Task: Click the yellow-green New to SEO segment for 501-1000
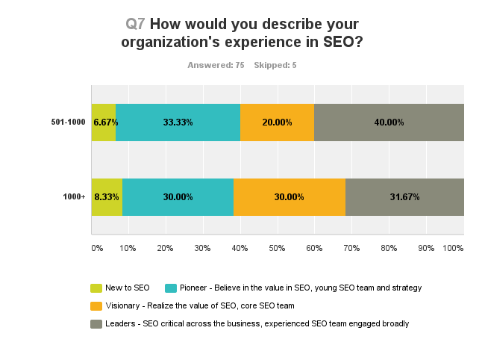coord(104,122)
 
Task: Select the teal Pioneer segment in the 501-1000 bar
coord(178,122)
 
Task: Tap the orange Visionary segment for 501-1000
coord(277,122)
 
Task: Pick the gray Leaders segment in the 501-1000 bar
coord(389,122)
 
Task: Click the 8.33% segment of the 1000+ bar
coord(107,197)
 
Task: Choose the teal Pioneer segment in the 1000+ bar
coord(178,197)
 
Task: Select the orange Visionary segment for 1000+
coord(290,197)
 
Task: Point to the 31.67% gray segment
coord(404,197)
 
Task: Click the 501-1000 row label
coord(68,122)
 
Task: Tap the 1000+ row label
coord(73,197)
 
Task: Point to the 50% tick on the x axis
coord(277,247)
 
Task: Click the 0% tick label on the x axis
coord(96,247)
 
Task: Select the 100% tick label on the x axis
coord(454,247)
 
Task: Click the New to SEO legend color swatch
coord(96,288)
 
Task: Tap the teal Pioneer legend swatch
coord(170,288)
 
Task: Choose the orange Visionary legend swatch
coord(96,305)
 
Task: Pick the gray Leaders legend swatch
coord(96,323)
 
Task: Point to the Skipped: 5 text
coord(275,66)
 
